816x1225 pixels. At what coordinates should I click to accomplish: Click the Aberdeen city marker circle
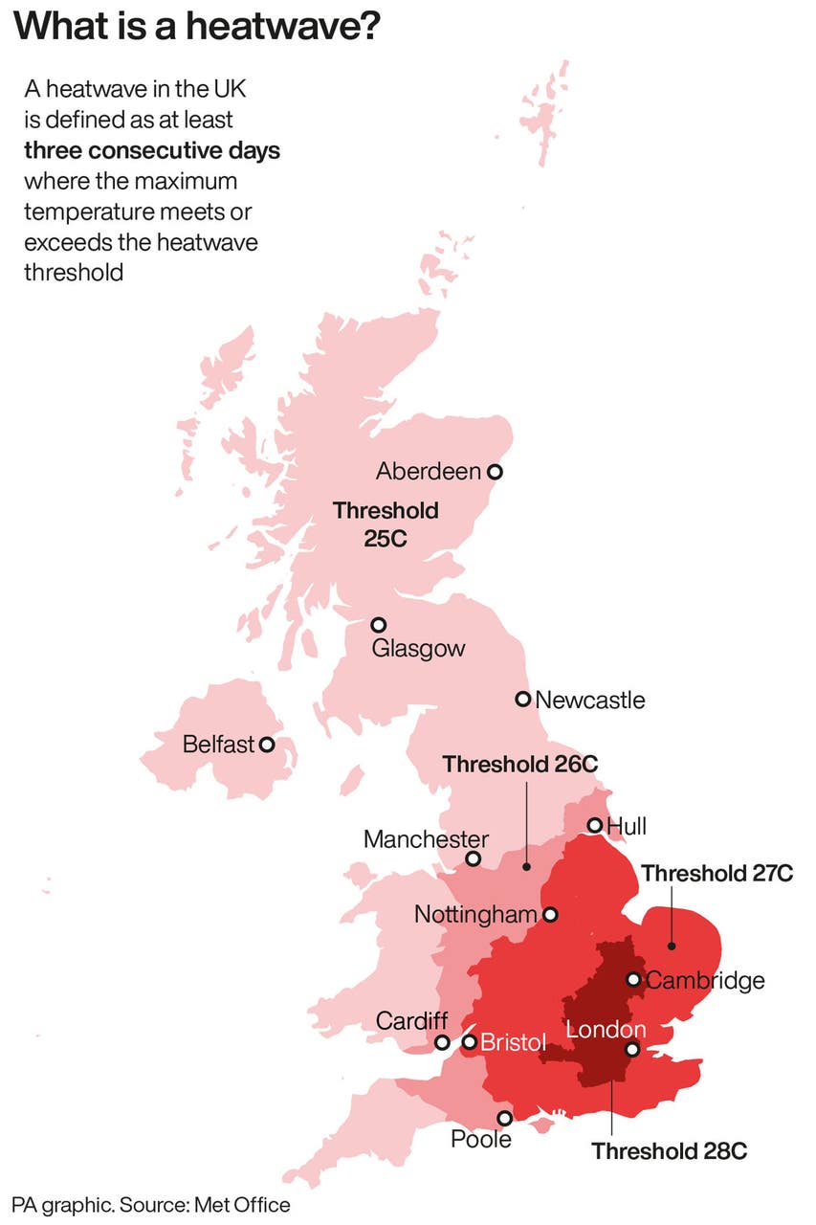495,471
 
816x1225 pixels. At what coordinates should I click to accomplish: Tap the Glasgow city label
418,648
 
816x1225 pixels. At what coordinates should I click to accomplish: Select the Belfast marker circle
267,744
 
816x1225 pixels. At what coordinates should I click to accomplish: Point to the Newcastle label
589,700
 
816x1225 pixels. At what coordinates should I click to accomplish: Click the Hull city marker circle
594,825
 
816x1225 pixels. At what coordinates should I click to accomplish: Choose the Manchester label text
426,839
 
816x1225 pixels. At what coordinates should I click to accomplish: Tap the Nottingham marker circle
550,915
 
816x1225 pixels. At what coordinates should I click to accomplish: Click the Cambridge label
705,980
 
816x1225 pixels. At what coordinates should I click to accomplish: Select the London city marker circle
632,1049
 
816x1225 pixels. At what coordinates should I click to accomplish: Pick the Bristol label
512,1041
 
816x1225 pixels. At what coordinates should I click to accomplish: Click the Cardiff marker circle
442,1042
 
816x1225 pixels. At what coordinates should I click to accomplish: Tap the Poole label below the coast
481,1139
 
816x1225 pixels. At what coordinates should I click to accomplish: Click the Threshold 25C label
386,523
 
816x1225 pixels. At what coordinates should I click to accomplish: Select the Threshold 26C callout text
520,764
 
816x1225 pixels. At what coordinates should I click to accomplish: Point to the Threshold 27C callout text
717,873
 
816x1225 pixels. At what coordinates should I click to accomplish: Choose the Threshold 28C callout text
669,1150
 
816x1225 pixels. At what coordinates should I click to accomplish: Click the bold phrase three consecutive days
152,150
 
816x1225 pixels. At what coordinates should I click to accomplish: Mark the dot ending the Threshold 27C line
672,947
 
